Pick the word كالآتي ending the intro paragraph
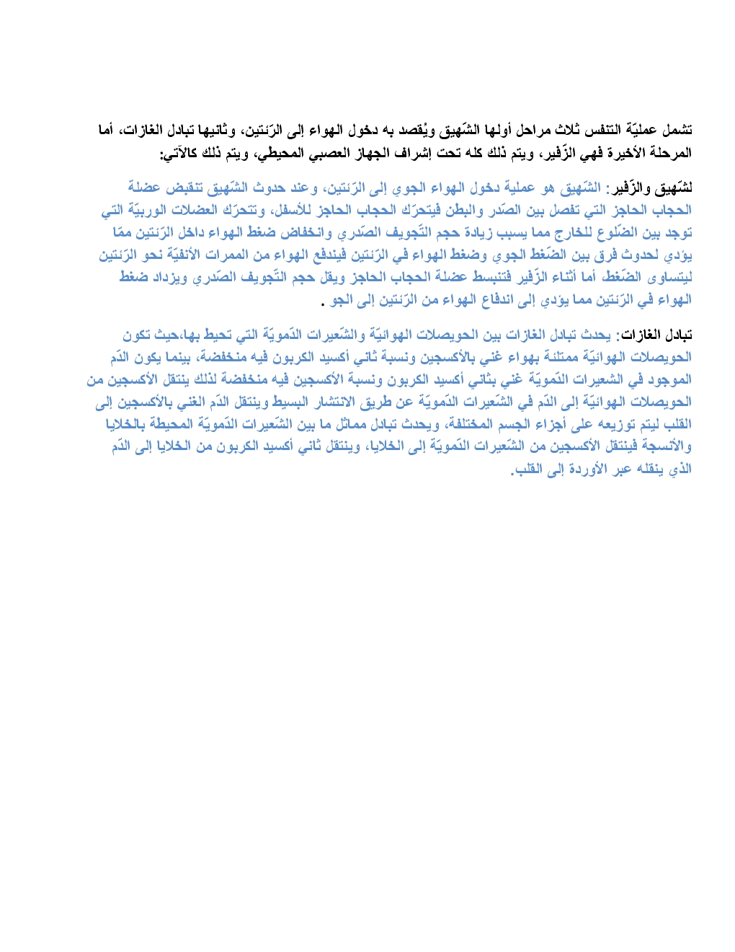(x=178, y=154)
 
